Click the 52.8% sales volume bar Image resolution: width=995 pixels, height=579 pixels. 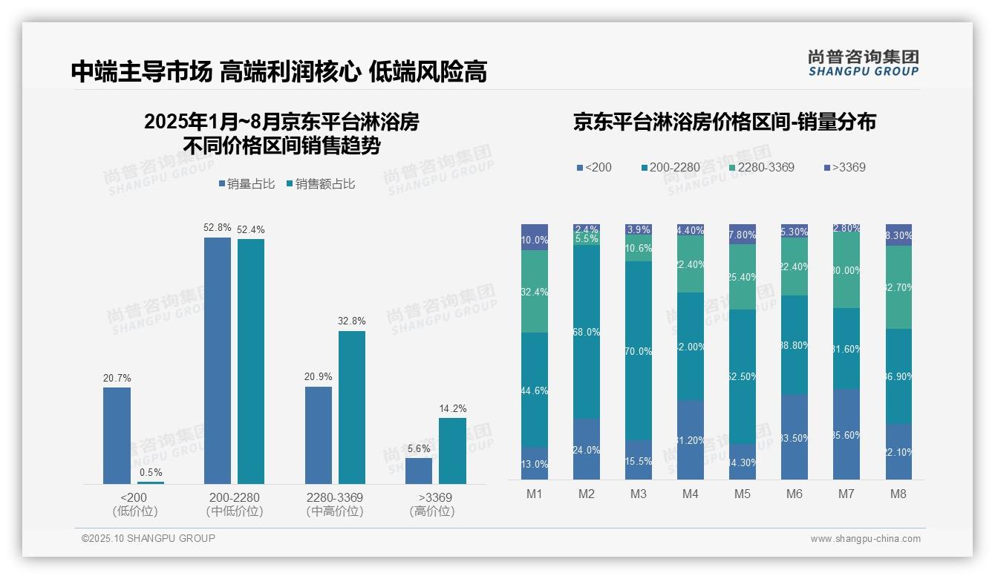(218, 361)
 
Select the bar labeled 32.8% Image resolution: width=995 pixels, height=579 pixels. (352, 408)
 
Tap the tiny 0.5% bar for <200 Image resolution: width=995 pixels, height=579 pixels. (151, 482)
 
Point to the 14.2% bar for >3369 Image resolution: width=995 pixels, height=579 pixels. (452, 451)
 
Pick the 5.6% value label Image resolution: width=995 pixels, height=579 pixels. (419, 448)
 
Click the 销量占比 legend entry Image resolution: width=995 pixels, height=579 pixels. (249, 184)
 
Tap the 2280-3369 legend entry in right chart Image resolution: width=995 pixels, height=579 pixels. (760, 167)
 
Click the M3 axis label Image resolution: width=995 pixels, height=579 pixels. (639, 494)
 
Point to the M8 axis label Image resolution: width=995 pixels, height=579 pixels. (898, 494)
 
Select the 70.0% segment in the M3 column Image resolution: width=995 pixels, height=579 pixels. (639, 350)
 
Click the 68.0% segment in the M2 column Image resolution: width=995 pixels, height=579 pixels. (587, 331)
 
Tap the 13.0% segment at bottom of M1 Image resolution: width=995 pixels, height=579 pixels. (535, 463)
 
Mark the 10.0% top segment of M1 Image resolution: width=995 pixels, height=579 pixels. (535, 238)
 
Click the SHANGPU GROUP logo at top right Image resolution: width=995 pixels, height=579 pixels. (863, 63)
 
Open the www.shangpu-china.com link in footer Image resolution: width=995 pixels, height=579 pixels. (865, 539)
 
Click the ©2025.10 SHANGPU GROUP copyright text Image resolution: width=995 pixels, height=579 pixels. (149, 538)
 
